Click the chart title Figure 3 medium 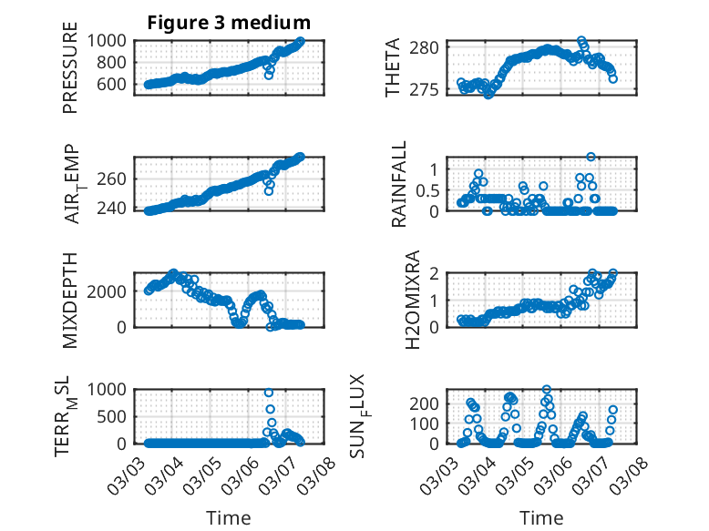point(229,22)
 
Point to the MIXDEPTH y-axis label point(70,299)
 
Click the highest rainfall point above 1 point(591,158)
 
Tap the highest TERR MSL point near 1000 point(269,393)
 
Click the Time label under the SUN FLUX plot point(541,517)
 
